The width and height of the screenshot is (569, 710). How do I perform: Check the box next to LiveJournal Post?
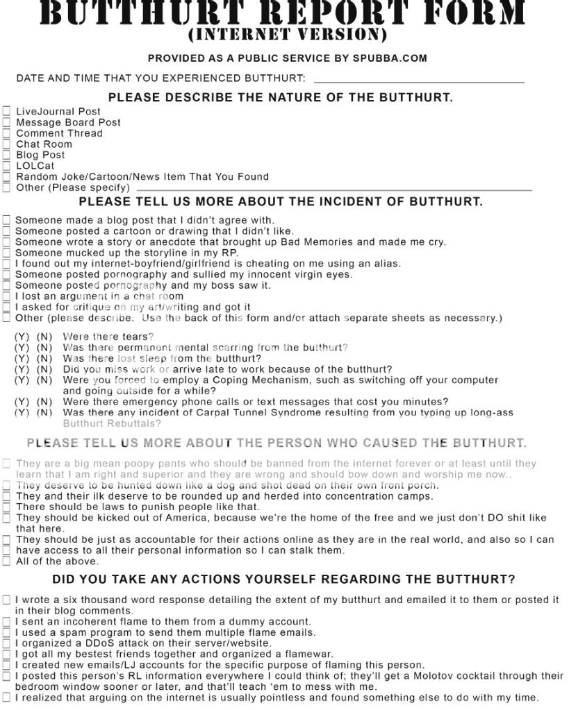pyautogui.click(x=7, y=111)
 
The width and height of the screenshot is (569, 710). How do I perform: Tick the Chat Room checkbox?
pyautogui.click(x=7, y=144)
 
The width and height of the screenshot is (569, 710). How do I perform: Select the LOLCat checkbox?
pyautogui.click(x=7, y=166)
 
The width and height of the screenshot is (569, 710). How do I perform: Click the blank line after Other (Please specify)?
pyautogui.click(x=333, y=189)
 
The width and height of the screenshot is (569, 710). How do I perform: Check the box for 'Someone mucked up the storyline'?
pyautogui.click(x=7, y=253)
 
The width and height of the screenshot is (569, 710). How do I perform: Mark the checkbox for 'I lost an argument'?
pyautogui.click(x=7, y=296)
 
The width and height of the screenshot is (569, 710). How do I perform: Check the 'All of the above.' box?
pyautogui.click(x=7, y=561)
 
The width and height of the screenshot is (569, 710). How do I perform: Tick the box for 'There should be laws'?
pyautogui.click(x=7, y=507)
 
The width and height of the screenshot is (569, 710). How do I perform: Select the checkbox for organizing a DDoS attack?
pyautogui.click(x=7, y=643)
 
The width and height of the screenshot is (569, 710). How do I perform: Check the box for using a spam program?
pyautogui.click(x=7, y=632)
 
